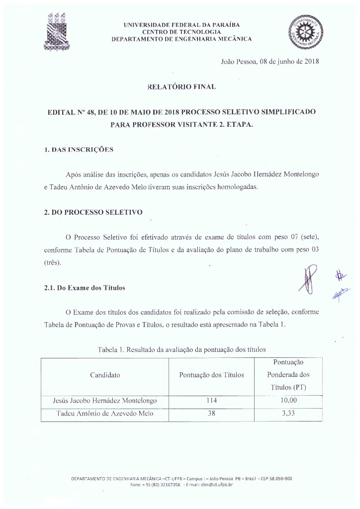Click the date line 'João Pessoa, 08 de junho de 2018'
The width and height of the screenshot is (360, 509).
pos(269,62)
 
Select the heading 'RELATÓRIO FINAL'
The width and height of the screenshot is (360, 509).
pos(181,87)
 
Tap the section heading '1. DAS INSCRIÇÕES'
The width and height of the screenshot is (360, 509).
pos(79,150)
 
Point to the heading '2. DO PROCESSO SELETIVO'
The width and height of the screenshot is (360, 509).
pos(93,212)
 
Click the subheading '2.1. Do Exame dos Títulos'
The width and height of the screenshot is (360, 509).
pos(85,288)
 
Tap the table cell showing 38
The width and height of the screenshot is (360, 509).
pos(211,414)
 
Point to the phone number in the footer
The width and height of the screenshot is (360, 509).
pos(155,484)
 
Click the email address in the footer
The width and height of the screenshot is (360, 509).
pos(215,484)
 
